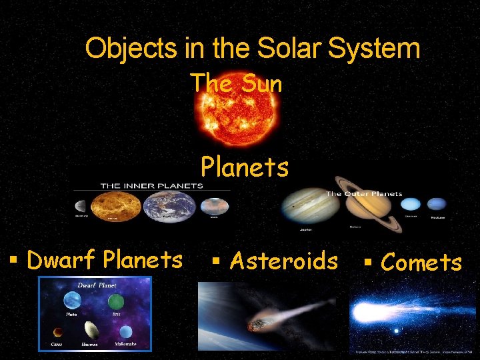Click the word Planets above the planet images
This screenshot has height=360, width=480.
point(245,167)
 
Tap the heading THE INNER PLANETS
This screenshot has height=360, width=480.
point(151,185)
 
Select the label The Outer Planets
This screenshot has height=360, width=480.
point(363,194)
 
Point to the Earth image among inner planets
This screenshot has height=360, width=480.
point(170,207)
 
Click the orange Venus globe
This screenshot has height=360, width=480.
point(115,207)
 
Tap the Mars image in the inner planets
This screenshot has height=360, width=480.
point(214,207)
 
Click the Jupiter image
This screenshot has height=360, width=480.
point(309,205)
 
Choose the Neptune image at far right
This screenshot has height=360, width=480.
point(437,204)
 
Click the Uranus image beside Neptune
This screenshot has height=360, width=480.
point(411,205)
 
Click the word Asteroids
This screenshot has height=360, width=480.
point(283,260)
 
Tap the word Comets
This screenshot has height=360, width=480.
point(421,262)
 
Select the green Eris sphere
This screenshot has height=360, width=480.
point(116,301)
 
